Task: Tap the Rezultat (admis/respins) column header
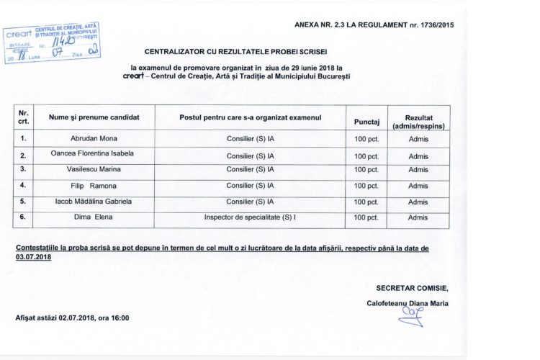click(x=418, y=120)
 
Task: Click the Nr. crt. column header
click(x=24, y=117)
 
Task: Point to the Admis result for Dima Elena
click(x=418, y=217)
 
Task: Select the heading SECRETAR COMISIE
click(x=416, y=287)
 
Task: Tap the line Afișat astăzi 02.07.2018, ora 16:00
click(x=72, y=318)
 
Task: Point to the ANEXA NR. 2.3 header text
click(x=374, y=25)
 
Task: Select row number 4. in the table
click(x=24, y=185)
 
